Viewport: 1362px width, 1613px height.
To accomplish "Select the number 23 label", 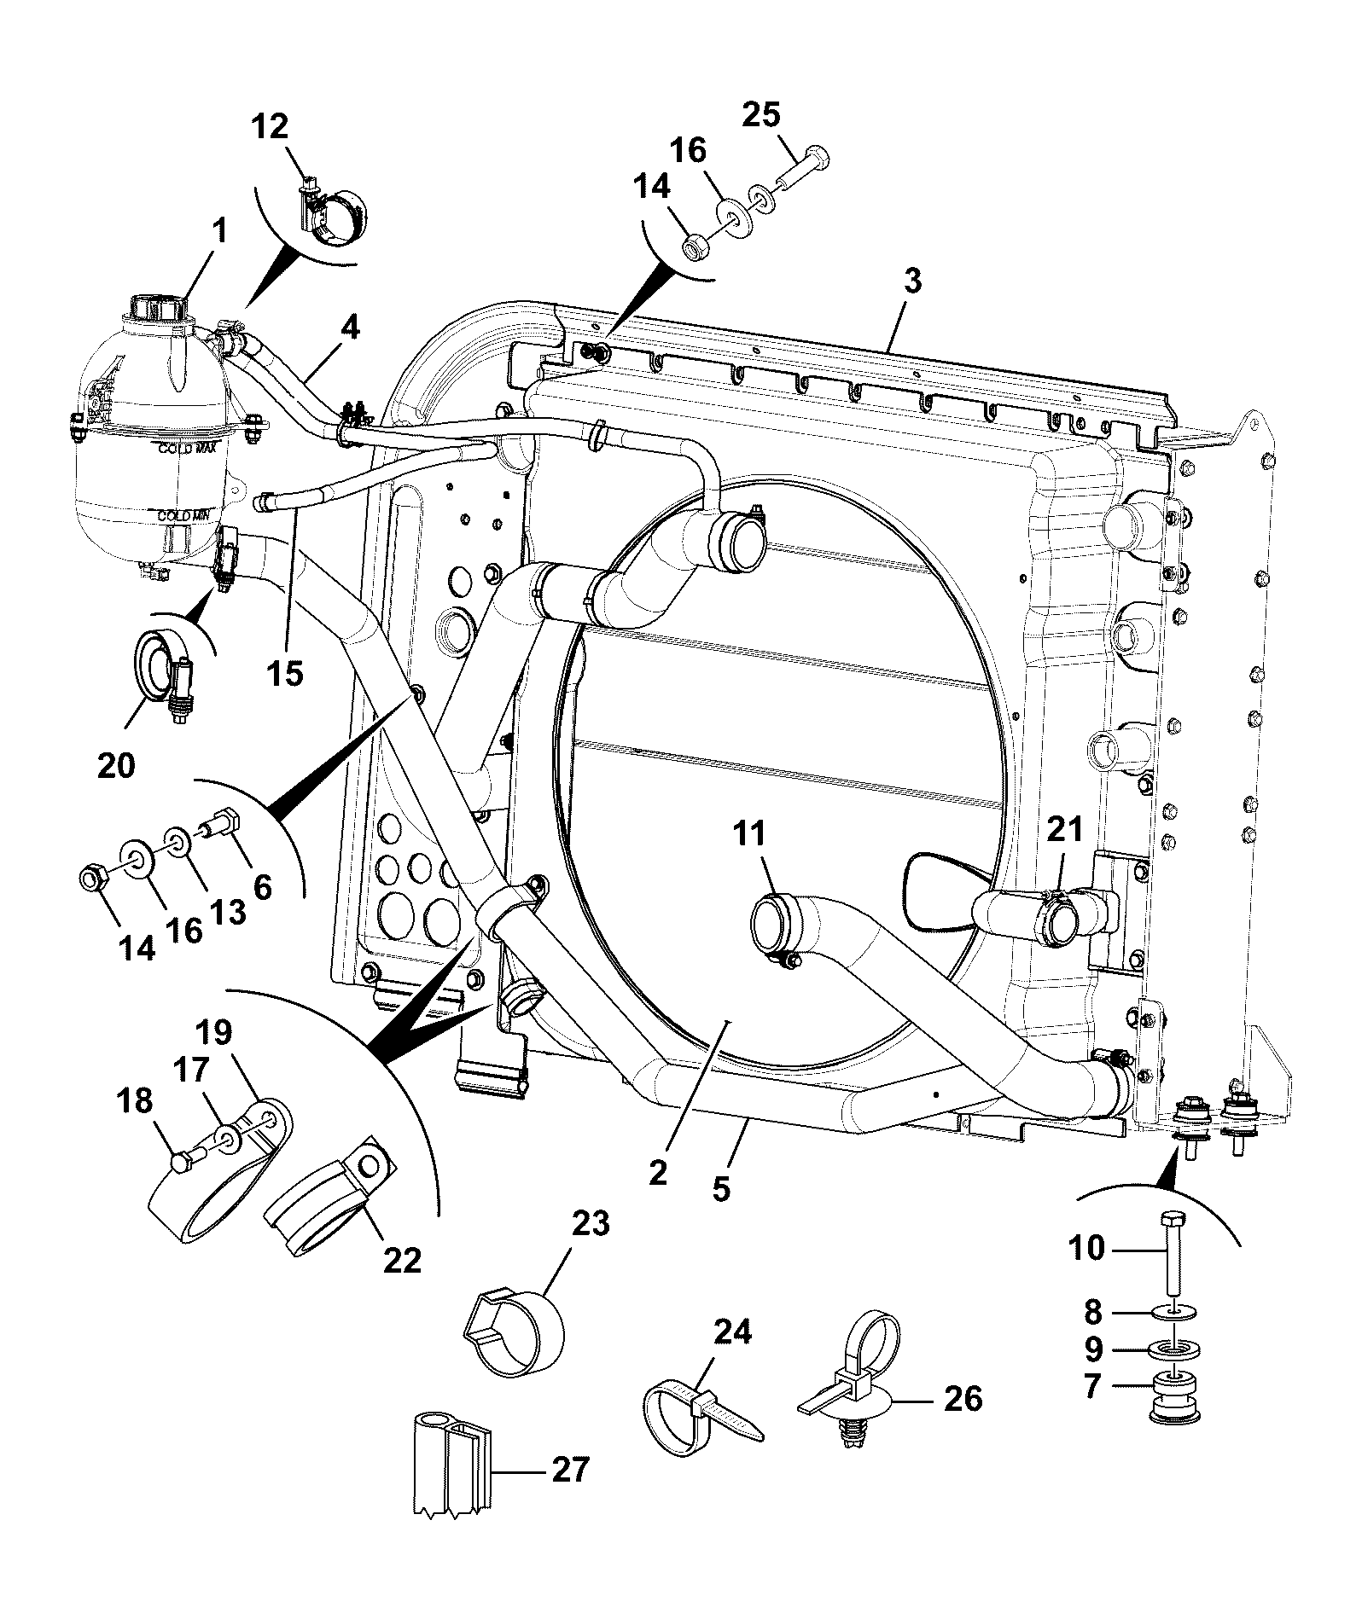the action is point(591,1224).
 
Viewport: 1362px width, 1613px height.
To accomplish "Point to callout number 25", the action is point(760,115).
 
